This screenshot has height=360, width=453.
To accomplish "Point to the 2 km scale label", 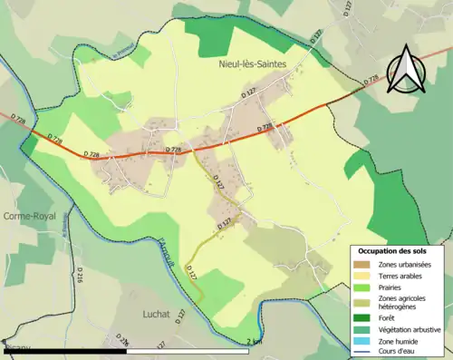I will [x=255, y=342].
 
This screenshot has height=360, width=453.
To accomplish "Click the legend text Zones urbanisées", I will [x=407, y=263].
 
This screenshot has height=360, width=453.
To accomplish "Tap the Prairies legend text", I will [x=395, y=287].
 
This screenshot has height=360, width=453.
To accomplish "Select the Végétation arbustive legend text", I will [x=413, y=330].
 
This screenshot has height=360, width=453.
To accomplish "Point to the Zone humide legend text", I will [x=402, y=342].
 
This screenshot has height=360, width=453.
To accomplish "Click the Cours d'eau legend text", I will [x=402, y=353].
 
